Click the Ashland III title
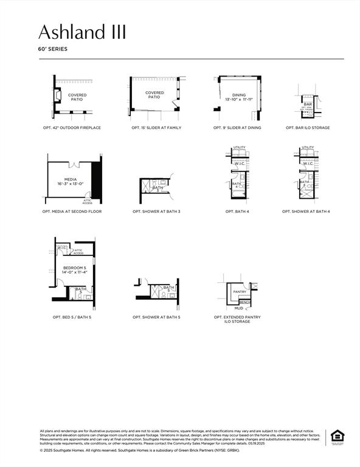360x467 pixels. tap(82, 32)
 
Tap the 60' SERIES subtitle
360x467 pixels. tap(52, 49)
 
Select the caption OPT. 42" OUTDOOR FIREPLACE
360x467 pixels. tap(72, 128)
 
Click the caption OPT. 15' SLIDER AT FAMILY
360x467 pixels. tap(156, 128)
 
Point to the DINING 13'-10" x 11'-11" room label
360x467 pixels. tap(239, 97)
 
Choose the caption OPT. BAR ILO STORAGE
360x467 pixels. tap(308, 128)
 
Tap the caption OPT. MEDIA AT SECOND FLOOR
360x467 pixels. tap(72, 212)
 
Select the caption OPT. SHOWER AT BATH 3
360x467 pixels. tap(156, 212)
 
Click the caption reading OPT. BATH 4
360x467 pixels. tap(239, 212)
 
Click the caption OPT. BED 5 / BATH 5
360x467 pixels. tap(72, 317)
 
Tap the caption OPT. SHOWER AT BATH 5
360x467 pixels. tap(156, 317)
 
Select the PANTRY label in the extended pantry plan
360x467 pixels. tap(240, 292)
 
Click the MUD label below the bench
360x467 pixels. tap(239, 308)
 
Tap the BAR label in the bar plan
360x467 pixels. tap(307, 104)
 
